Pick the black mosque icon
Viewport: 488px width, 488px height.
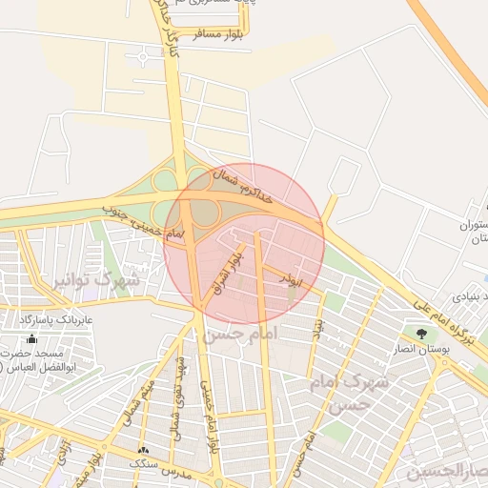pos(32,338)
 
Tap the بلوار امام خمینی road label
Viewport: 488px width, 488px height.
pos(209,416)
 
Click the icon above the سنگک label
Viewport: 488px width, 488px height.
pos(143,450)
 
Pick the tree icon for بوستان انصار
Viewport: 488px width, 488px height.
pos(420,334)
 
